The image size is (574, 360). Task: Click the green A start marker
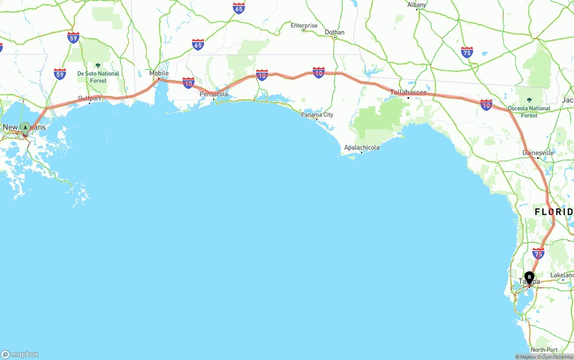click(x=25, y=128)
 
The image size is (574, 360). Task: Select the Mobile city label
click(x=159, y=73)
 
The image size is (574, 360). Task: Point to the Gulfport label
click(x=90, y=98)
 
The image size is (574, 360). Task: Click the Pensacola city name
click(x=214, y=94)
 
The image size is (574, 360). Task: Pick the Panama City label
click(x=317, y=115)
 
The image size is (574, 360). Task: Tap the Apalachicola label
click(x=361, y=147)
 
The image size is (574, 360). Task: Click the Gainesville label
click(x=538, y=153)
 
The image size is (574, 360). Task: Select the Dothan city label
click(x=335, y=32)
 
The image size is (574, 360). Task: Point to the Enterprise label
click(x=304, y=26)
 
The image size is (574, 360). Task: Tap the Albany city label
click(x=417, y=5)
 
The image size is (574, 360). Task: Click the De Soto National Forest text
click(x=98, y=77)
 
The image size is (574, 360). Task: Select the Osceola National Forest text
click(x=529, y=112)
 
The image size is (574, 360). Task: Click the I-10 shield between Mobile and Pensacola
click(x=188, y=82)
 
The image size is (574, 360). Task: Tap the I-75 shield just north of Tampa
click(x=538, y=253)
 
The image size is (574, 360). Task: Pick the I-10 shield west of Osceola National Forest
click(x=486, y=105)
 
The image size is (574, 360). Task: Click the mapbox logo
click(x=20, y=354)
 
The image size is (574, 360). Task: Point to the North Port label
click(x=544, y=350)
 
